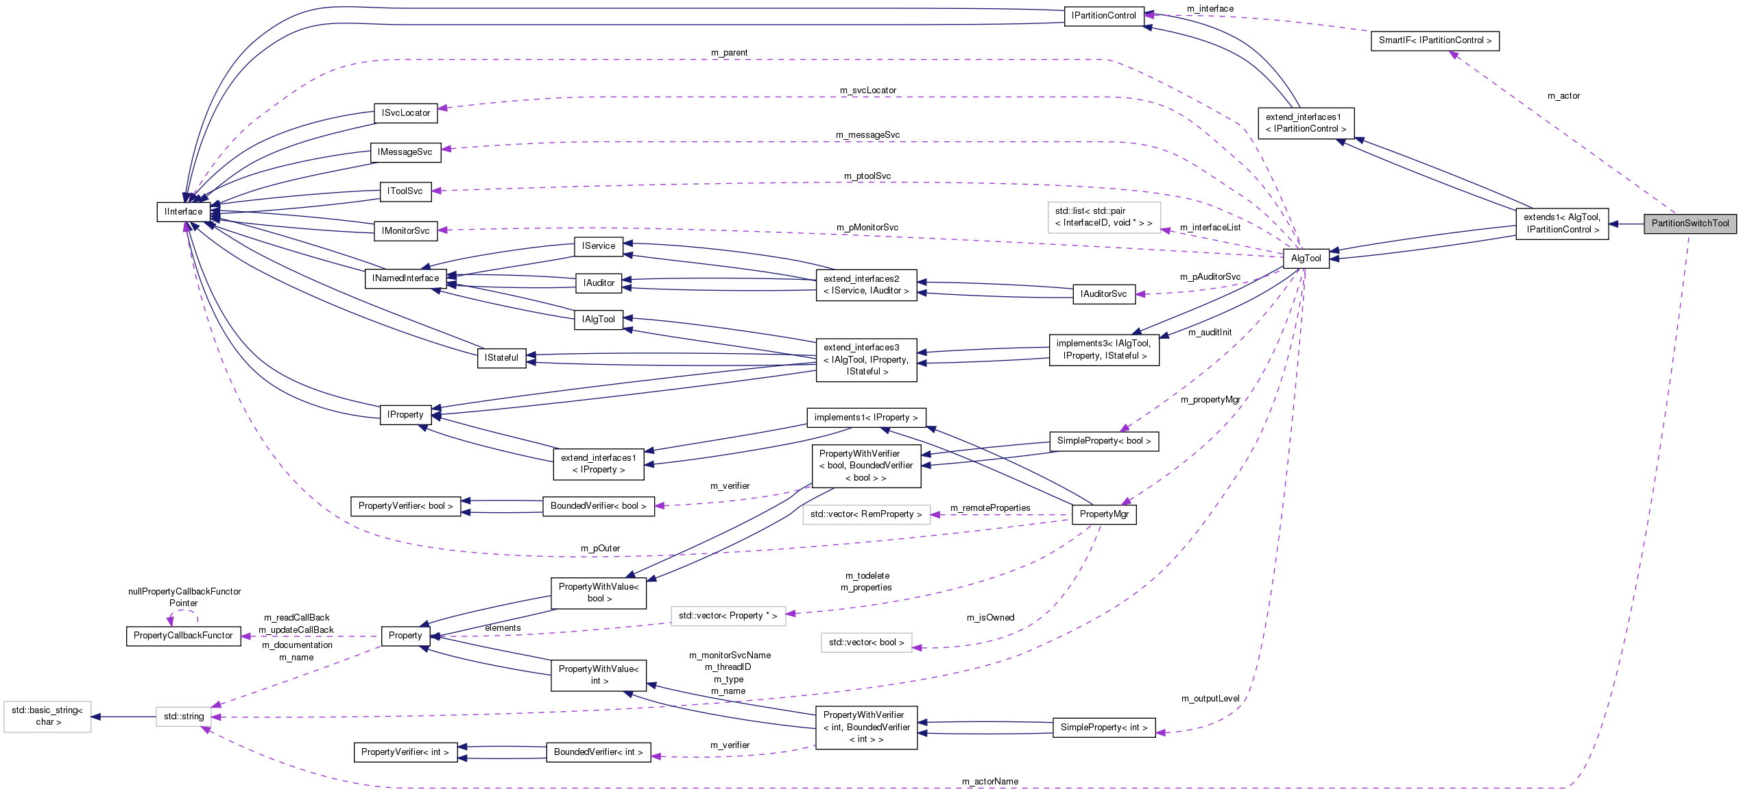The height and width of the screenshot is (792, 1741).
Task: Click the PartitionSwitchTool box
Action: coord(1690,224)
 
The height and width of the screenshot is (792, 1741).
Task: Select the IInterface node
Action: coord(183,212)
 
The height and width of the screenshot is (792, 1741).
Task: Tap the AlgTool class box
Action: coord(1306,259)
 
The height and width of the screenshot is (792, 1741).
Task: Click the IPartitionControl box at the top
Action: coord(1103,16)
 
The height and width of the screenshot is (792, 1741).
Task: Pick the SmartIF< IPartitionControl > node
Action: coord(1434,40)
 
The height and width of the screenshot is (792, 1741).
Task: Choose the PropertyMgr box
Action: coord(1103,514)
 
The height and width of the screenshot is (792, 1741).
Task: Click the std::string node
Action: coord(184,717)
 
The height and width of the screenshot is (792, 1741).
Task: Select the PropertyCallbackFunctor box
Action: coord(183,636)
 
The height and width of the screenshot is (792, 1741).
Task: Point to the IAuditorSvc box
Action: coord(1103,294)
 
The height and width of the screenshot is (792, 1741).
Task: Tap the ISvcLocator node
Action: coord(406,113)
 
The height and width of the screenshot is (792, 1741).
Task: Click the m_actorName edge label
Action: coord(989,781)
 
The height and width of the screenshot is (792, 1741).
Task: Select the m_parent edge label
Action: coord(729,53)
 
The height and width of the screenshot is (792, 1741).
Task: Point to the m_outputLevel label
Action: coord(1210,699)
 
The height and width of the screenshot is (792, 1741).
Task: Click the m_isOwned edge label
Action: coord(990,618)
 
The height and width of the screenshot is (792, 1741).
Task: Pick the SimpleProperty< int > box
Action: coord(1103,728)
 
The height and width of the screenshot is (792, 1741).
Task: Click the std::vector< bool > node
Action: coord(866,643)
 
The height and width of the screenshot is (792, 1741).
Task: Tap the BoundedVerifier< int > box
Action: coord(598,752)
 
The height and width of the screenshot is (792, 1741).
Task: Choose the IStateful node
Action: coord(501,358)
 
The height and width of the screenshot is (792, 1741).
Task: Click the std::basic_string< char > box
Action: coord(47,716)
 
